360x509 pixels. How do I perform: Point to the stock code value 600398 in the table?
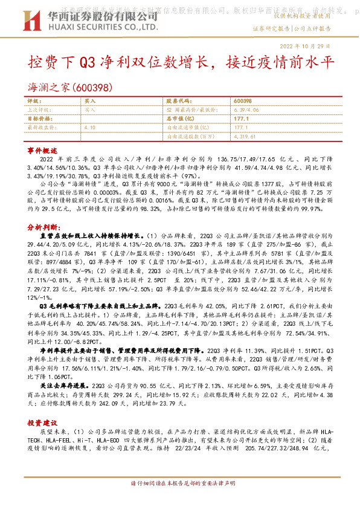[x=242, y=101]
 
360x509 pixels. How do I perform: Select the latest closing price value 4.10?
[x=90, y=128]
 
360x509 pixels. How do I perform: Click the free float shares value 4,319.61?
[x=244, y=137]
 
